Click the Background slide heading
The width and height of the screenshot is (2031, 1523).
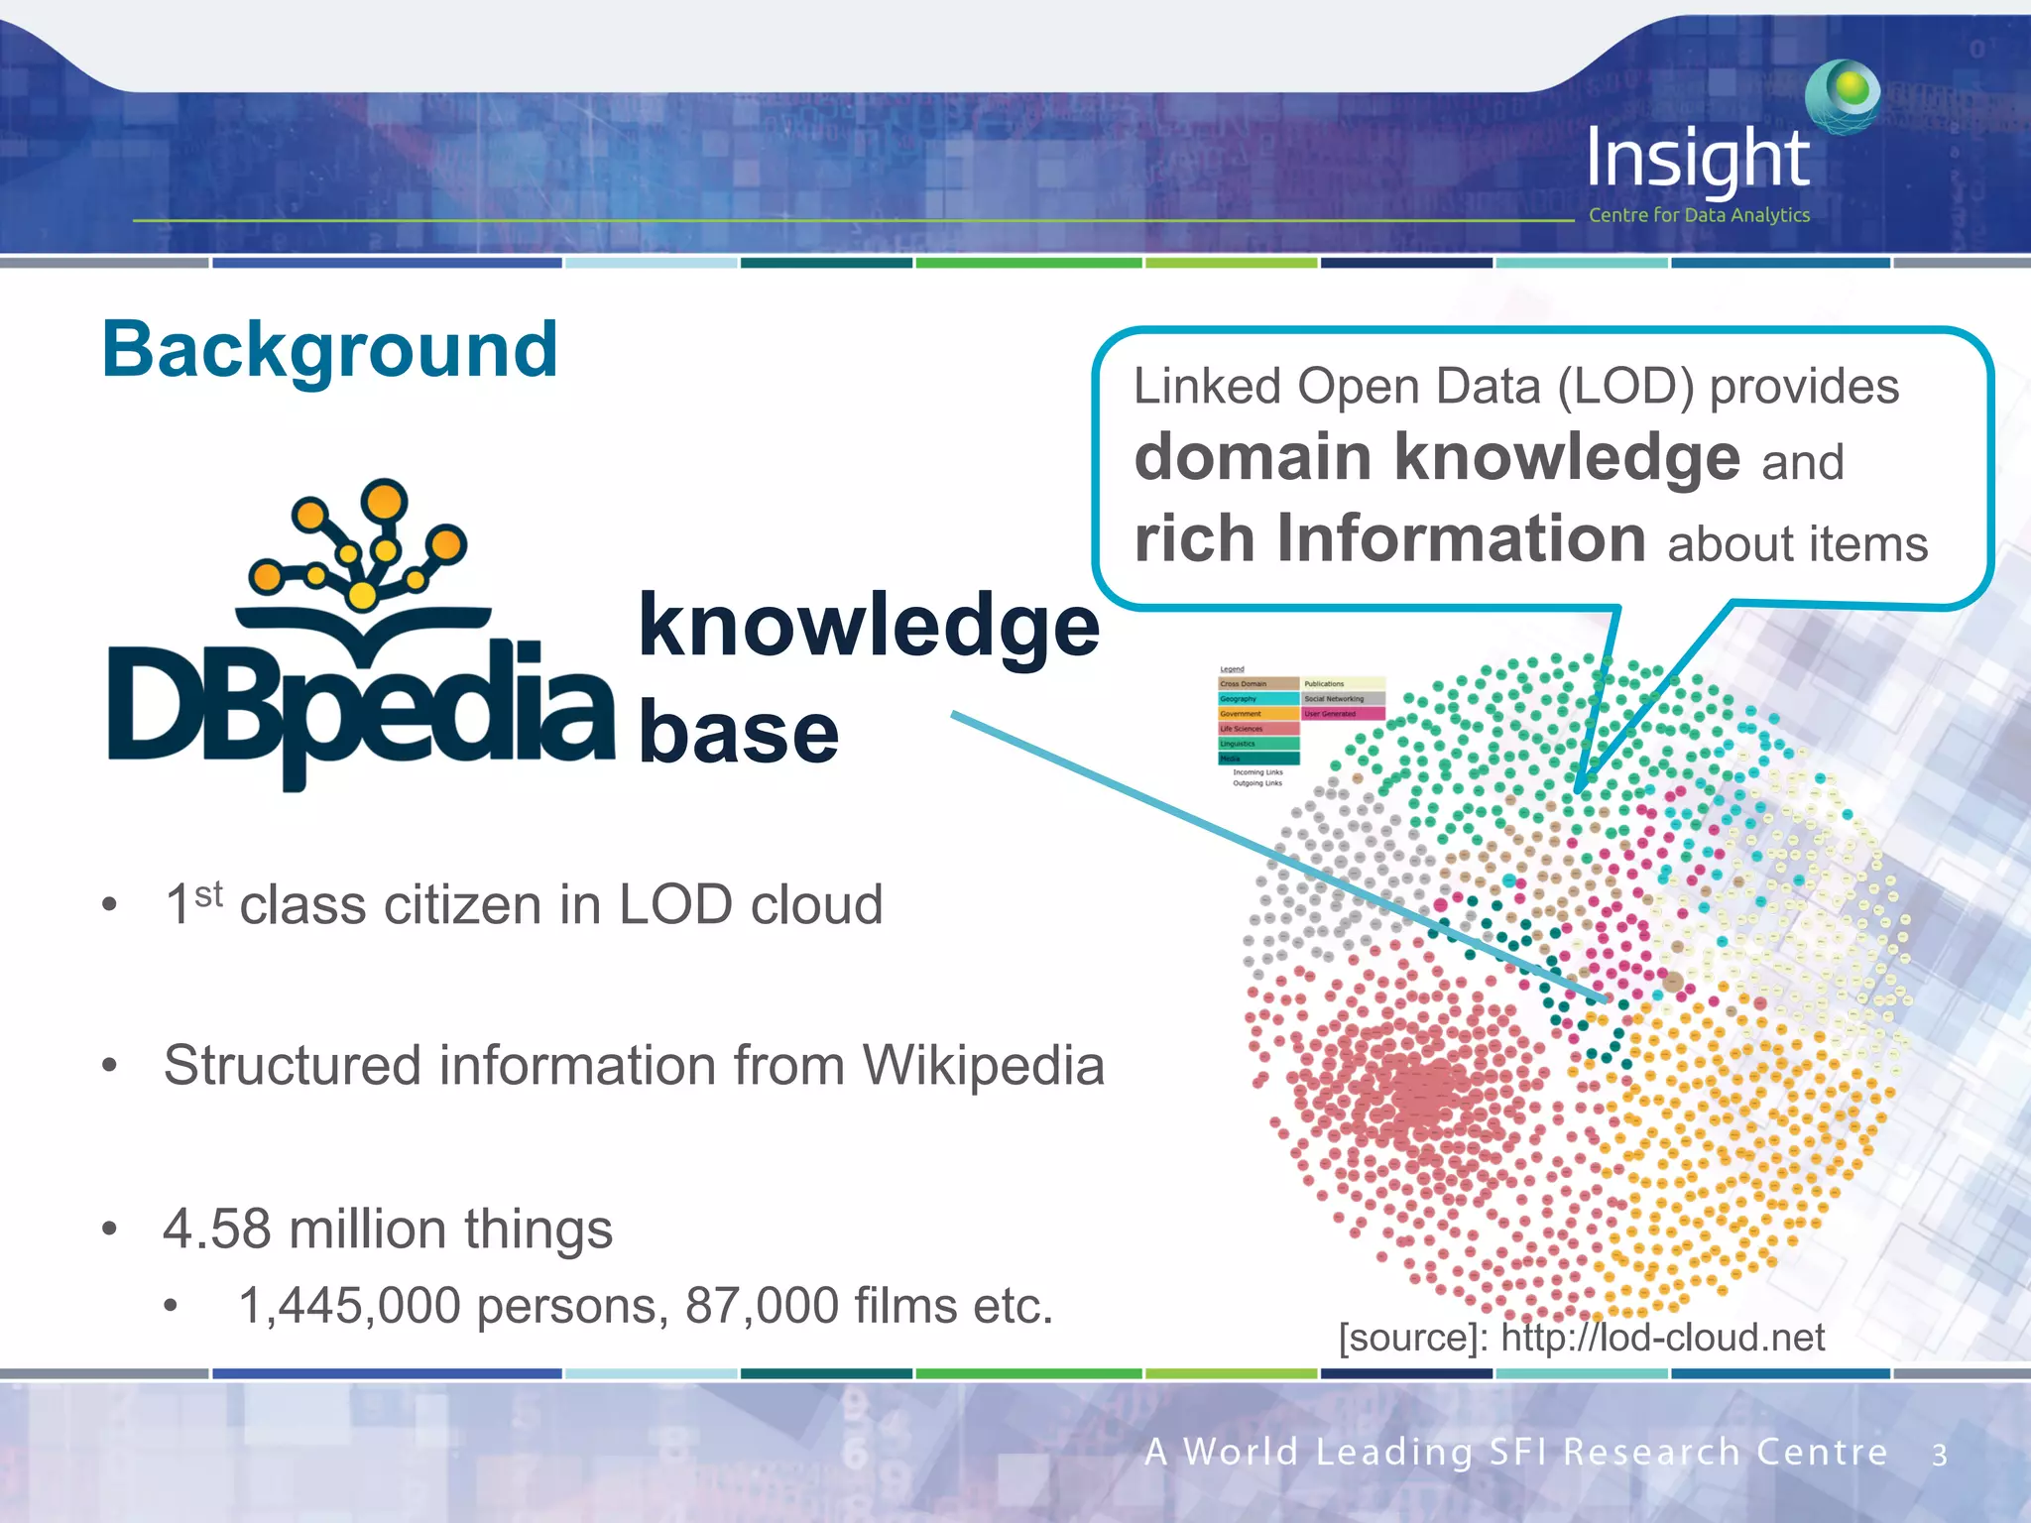(x=330, y=350)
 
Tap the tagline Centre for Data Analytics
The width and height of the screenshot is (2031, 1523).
(x=1699, y=215)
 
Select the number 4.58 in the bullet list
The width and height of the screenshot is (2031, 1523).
(x=216, y=1229)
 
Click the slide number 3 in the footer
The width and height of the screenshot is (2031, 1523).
(x=1939, y=1455)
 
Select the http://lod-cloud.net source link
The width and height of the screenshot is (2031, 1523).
(x=1662, y=1338)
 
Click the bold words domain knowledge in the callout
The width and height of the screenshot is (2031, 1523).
(x=1437, y=457)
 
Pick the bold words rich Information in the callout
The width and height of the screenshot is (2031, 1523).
(x=1390, y=538)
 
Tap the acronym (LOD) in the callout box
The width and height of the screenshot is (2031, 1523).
(x=1625, y=387)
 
